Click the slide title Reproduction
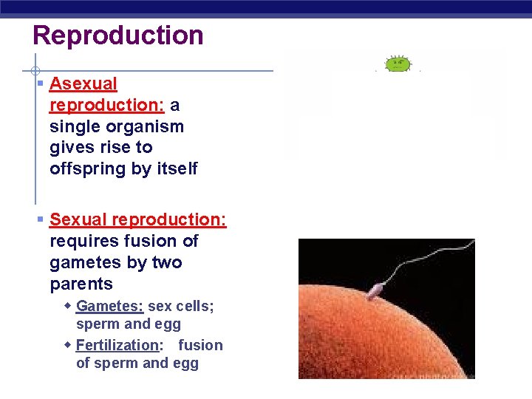coord(117,35)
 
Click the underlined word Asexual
coord(83,84)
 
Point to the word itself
coord(177,169)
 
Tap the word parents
coord(81,284)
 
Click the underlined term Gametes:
coord(109,306)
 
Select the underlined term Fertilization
coord(117,345)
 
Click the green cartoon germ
coord(398,64)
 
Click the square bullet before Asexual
coord(41,84)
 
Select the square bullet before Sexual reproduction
coord(41,219)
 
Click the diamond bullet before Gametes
coord(68,306)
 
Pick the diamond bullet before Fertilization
coord(68,345)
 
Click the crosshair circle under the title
coord(35,71)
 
